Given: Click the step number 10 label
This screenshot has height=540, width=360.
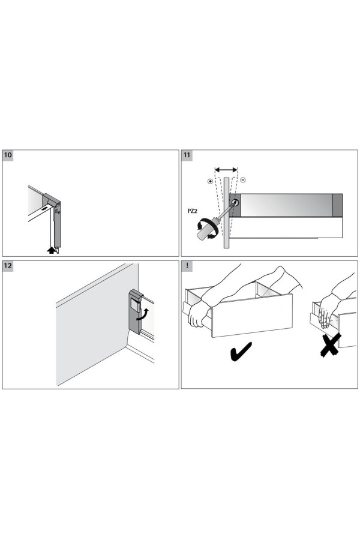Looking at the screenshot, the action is [8, 155].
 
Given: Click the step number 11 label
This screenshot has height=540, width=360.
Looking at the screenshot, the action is [187, 155].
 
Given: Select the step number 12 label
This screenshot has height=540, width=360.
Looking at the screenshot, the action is [8, 266].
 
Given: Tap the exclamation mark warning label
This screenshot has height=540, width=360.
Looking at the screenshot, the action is [187, 266].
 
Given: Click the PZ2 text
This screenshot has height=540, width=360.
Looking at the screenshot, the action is [192, 211].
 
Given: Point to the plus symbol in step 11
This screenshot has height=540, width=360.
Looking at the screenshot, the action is [210, 181].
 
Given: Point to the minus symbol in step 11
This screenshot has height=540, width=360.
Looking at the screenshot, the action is [243, 180].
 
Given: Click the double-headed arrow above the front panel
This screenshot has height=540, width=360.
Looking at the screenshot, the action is [226, 170].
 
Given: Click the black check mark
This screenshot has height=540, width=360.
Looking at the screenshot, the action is [241, 352].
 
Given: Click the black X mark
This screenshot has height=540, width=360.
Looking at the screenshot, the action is [331, 345].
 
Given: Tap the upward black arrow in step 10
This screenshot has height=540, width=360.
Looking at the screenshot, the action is [52, 250].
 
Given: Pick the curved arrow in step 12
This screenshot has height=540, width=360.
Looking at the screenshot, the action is [143, 314].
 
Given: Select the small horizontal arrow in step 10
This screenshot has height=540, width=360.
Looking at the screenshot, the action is [44, 209].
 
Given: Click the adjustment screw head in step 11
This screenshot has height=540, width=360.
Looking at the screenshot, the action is [235, 203].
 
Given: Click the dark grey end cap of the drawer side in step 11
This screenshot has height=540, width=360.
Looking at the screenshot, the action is [337, 205].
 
